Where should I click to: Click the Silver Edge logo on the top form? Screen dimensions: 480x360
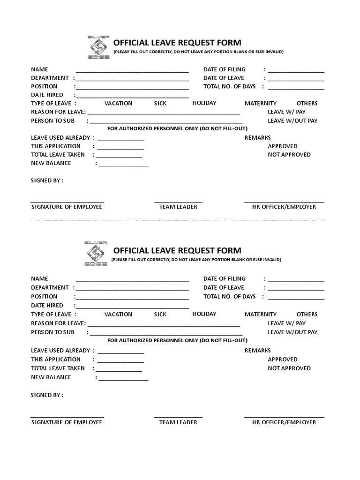click(98, 47)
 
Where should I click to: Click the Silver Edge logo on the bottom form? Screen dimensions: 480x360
click(97, 254)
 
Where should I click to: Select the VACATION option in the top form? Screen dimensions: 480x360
click(118, 103)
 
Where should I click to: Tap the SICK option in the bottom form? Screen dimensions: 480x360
click(160, 314)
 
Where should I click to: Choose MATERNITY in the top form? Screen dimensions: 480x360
click(261, 103)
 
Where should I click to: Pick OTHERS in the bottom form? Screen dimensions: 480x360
click(307, 314)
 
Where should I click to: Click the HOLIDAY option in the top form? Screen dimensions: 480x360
click(204, 103)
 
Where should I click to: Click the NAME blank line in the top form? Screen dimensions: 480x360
click(132, 71)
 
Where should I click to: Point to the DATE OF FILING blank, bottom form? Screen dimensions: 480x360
click(296, 280)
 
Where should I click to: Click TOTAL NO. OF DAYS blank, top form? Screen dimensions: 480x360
click(296, 88)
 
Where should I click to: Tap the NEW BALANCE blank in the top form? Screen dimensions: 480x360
click(123, 165)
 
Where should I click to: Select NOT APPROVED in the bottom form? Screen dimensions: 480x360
click(289, 368)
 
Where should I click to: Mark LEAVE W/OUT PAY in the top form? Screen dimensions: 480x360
click(292, 120)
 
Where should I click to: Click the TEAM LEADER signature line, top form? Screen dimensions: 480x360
click(178, 202)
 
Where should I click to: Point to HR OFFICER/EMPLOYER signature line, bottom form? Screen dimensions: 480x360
click(284, 416)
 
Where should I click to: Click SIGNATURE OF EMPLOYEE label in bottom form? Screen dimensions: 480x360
click(67, 422)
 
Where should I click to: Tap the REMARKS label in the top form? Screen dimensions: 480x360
click(258, 137)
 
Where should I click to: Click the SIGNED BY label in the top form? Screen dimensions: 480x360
click(47, 180)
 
